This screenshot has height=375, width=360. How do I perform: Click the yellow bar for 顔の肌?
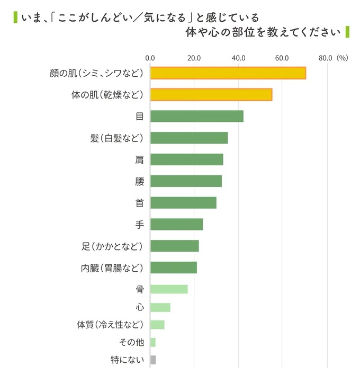coord(228,73)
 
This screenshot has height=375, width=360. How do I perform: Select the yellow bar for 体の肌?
coord(211,95)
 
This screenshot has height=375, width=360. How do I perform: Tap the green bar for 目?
coord(197,117)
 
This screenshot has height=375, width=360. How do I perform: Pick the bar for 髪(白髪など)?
coord(189,138)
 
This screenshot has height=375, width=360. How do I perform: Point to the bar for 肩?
coord(187,159)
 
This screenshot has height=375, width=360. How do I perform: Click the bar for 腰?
coord(186,181)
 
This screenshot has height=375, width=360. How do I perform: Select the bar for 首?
coord(183,203)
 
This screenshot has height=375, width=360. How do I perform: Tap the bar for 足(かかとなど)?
coord(174,246)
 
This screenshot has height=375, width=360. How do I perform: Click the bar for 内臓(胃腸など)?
coord(174,267)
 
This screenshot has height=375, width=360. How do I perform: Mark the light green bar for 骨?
coord(169,289)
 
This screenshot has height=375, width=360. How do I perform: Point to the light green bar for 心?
coord(160,308)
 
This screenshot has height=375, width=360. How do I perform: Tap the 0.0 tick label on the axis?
coord(150,58)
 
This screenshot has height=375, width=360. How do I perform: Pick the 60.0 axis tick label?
coord(282,58)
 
